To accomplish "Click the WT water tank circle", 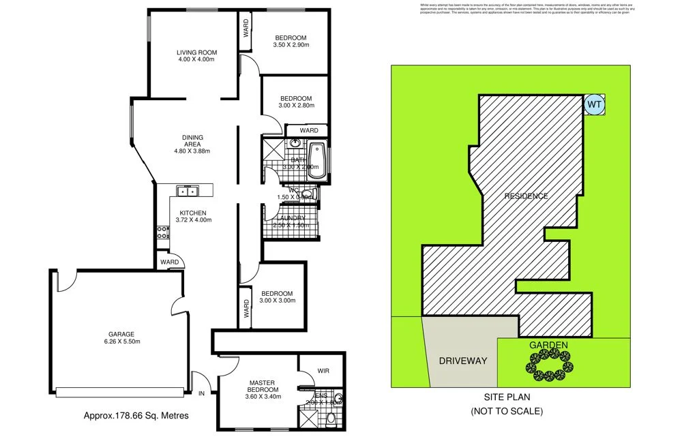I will click(x=593, y=105).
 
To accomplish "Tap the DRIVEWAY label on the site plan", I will click(x=462, y=361).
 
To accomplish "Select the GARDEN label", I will click(x=548, y=346).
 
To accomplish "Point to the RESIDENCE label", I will click(x=525, y=196).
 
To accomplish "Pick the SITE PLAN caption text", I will click(x=507, y=397).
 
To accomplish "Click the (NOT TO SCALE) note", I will click(x=507, y=411).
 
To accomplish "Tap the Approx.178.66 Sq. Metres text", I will click(x=136, y=414).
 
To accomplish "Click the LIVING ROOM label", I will click(x=196, y=56).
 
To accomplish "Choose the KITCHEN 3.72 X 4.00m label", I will click(x=192, y=217).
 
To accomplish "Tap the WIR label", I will click(x=323, y=371).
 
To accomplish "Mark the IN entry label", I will click(x=201, y=394).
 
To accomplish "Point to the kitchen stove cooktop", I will click(x=162, y=233).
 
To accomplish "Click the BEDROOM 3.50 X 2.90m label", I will click(x=291, y=42).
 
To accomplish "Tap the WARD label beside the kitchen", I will click(x=170, y=262).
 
